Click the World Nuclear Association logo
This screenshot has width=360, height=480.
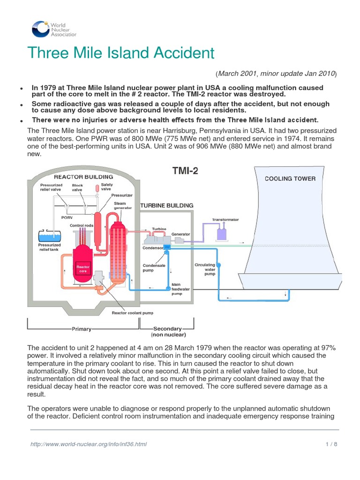tap(54, 29)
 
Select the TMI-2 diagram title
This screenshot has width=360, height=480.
tap(185, 171)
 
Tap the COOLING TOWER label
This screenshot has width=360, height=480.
tap(290, 179)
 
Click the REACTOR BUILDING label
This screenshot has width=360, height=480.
tap(83, 177)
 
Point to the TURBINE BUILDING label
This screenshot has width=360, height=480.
tap(167, 205)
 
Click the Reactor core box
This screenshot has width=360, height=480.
tap(82, 269)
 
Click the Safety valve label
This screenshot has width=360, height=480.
tap(107, 187)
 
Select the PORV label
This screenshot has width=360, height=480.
tap(67, 217)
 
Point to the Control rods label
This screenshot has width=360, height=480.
tap(80, 225)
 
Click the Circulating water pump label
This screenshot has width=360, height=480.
tap(205, 270)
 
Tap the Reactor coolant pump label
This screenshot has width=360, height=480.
tap(132, 313)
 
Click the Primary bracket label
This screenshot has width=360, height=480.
tap(81, 329)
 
